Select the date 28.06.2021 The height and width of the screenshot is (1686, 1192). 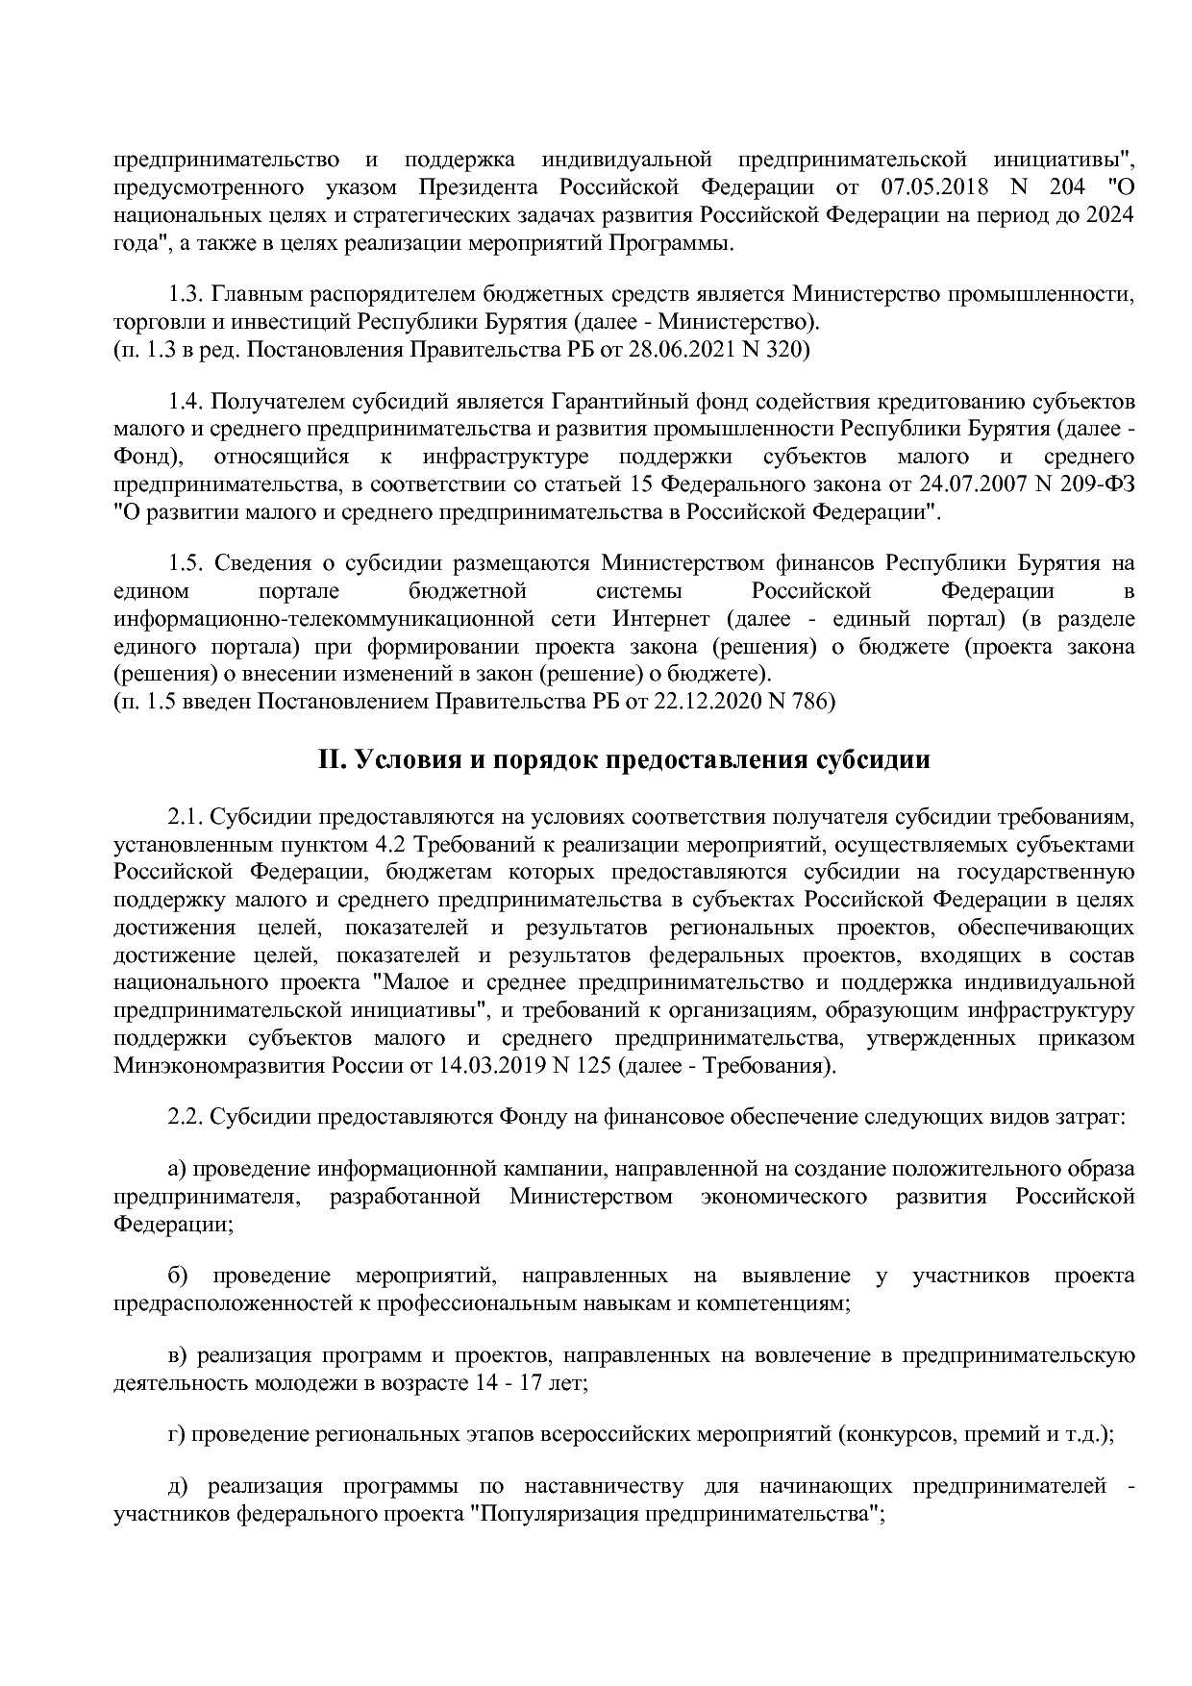pos(678,350)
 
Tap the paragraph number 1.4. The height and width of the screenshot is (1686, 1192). pos(186,400)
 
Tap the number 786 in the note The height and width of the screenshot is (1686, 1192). pos(812,702)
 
